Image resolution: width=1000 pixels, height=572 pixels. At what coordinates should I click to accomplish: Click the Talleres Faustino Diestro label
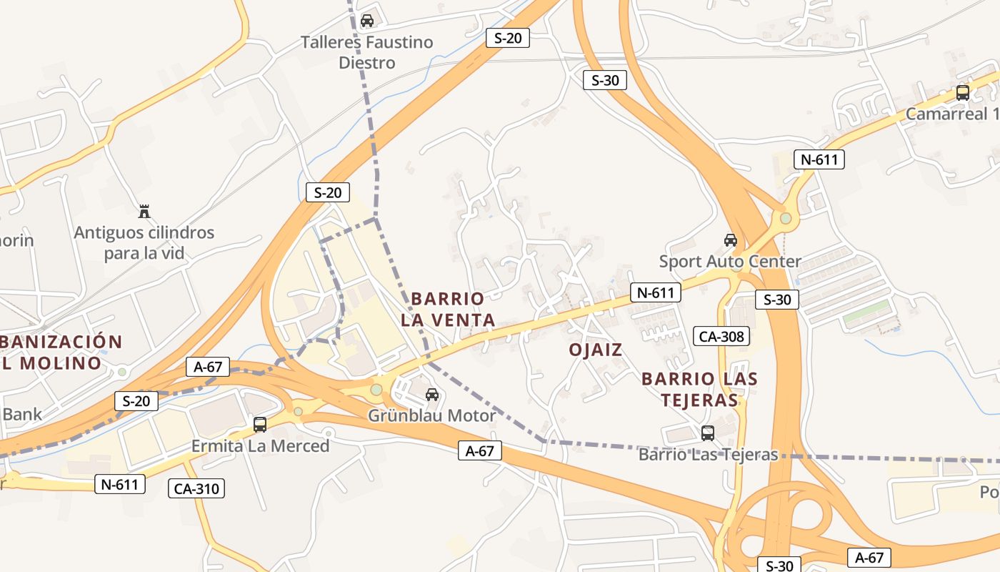(x=366, y=52)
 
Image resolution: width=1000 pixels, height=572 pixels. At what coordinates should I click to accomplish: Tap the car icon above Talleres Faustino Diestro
(x=367, y=21)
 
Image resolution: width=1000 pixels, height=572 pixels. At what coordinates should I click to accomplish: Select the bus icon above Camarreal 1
(x=963, y=92)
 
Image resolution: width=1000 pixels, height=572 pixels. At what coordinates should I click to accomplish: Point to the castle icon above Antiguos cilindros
(x=144, y=211)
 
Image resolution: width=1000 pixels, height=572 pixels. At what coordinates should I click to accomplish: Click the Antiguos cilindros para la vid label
(x=144, y=243)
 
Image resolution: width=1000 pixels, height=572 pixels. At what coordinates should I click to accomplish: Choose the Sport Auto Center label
(x=730, y=261)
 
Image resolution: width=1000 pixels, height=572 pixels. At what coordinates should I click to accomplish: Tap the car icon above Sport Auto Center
(x=730, y=240)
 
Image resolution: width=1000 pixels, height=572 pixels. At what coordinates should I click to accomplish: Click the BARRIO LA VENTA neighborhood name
(x=448, y=309)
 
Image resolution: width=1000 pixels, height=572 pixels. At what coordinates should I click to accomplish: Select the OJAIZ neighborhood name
(x=596, y=350)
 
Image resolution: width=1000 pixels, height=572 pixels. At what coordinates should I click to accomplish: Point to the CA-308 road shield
(x=721, y=336)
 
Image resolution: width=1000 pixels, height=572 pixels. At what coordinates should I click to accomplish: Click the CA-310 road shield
(x=196, y=489)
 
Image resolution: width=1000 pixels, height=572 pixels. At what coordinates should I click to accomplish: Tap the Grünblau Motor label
(x=431, y=415)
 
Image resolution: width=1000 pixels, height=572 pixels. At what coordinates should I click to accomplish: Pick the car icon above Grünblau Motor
(x=432, y=395)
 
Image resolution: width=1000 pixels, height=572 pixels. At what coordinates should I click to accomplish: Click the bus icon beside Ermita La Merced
(x=260, y=425)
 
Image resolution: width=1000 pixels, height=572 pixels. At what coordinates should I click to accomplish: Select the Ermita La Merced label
(x=260, y=446)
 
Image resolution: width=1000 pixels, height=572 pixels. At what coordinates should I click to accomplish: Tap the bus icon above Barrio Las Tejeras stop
(x=708, y=433)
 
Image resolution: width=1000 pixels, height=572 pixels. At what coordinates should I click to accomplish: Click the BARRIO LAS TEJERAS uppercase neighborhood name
(x=699, y=389)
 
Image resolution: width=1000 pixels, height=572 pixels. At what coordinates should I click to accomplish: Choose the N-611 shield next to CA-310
(x=120, y=484)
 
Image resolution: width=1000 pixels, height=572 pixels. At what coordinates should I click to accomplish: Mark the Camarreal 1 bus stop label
(x=952, y=114)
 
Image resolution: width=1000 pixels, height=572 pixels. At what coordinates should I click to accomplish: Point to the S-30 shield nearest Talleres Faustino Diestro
(x=605, y=80)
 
